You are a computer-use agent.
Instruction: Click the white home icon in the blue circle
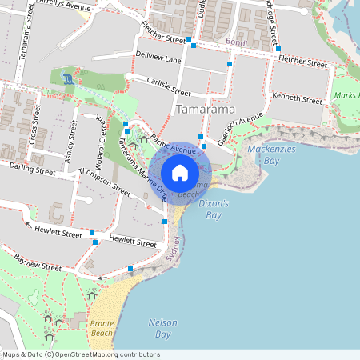click(180, 173)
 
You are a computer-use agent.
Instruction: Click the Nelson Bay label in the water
click(162, 327)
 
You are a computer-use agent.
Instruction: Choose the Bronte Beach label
click(102, 328)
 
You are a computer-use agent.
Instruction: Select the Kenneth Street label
click(297, 98)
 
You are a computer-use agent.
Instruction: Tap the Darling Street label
click(31, 169)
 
